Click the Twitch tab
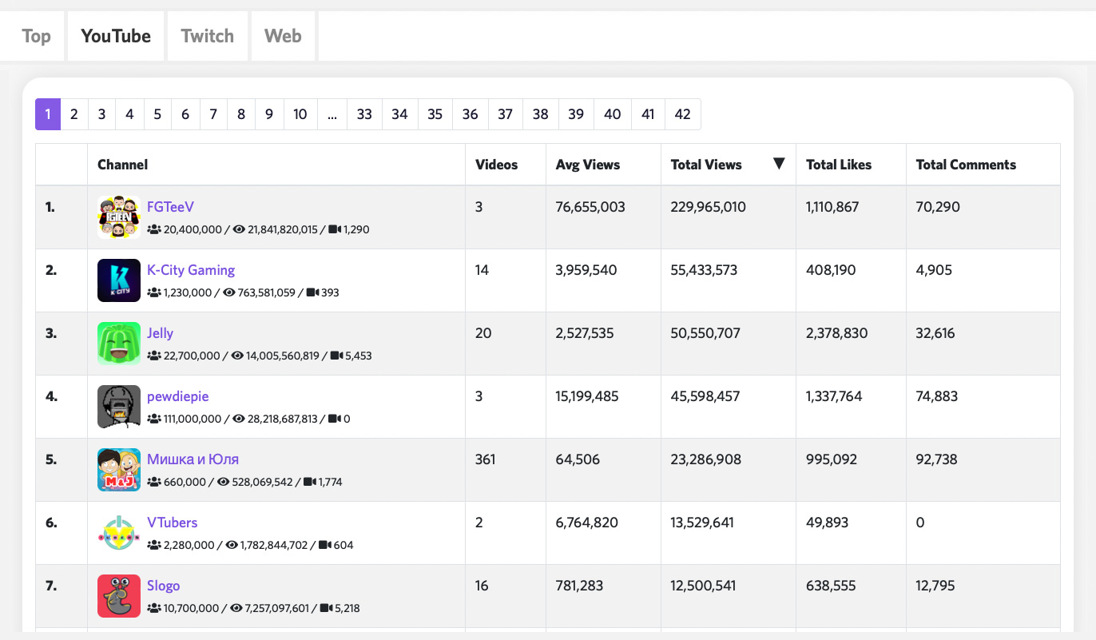click(208, 36)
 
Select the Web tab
click(283, 36)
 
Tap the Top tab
click(36, 36)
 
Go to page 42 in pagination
click(682, 114)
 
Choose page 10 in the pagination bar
click(300, 114)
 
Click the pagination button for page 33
click(364, 114)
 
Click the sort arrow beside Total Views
click(779, 164)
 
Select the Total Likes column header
click(839, 165)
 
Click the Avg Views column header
click(588, 165)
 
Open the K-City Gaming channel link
click(191, 270)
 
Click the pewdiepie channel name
click(177, 396)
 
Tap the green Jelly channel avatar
click(119, 344)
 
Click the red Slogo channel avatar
click(119, 596)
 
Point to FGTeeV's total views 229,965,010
click(708, 207)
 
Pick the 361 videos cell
click(485, 459)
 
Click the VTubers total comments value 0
click(920, 523)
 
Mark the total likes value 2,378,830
click(836, 333)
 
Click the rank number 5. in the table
click(51, 459)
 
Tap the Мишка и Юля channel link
click(193, 459)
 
